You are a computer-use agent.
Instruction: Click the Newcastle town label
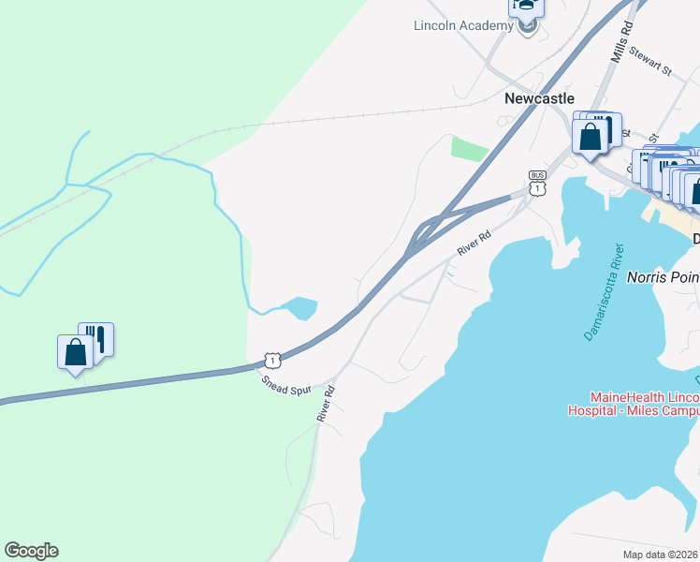tap(539, 98)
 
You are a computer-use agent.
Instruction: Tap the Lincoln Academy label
tap(462, 25)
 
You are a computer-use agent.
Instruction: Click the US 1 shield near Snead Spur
tap(271, 360)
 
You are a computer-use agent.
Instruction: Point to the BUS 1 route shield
tap(537, 183)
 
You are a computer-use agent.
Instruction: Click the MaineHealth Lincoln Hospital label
tap(633, 404)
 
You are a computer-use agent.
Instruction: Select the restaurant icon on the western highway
tap(96, 337)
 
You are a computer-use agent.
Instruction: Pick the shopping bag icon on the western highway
tap(75, 352)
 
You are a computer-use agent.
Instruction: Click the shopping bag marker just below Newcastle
tap(591, 137)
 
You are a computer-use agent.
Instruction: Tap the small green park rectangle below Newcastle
tap(471, 149)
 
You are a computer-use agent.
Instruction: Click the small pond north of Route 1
tap(300, 308)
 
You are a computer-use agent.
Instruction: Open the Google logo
tap(31, 550)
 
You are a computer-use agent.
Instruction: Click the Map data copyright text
tap(662, 553)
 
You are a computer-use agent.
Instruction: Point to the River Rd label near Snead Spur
tap(326, 403)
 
